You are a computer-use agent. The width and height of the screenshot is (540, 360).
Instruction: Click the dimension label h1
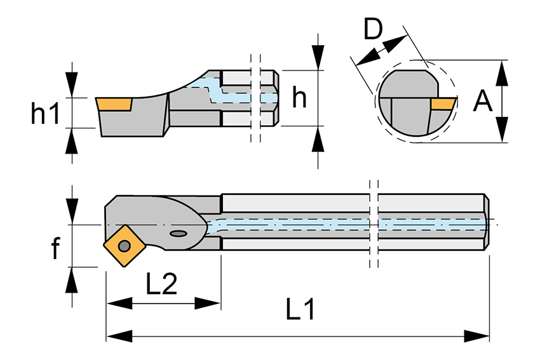point(45,113)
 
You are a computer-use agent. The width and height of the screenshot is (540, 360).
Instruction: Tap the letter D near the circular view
point(374,29)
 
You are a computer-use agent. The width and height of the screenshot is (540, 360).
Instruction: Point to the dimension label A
point(483,101)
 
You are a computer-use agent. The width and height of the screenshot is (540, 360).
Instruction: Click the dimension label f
point(55,248)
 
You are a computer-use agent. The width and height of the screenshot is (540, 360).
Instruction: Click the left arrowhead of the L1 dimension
point(114,335)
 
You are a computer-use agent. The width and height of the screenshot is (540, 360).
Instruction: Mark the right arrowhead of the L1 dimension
point(481,335)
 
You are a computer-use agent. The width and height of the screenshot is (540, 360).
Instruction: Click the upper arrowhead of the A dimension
point(502,71)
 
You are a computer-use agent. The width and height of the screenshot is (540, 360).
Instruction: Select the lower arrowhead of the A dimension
point(502,132)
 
